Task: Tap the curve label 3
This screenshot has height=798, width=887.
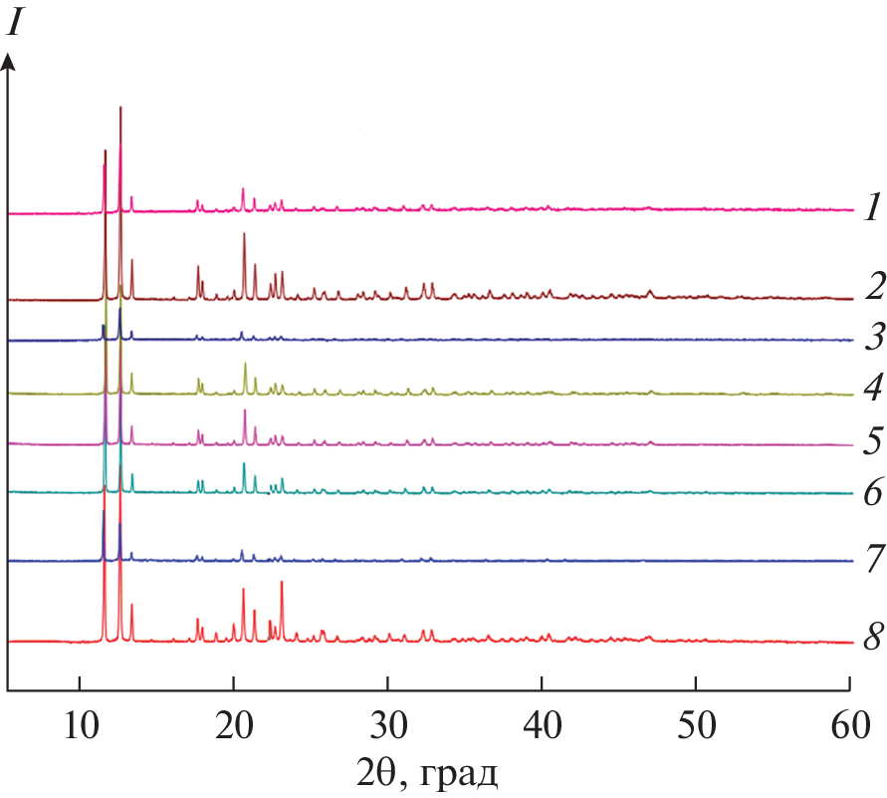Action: (872, 338)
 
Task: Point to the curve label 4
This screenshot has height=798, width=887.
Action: (873, 388)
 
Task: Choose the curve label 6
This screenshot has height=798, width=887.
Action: (873, 492)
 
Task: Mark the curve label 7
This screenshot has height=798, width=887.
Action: (873, 560)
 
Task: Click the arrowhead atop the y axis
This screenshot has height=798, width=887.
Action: (8, 62)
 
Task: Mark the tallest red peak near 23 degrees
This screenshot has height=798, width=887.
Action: (282, 583)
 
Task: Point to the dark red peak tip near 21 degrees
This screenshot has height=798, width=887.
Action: (244, 234)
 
